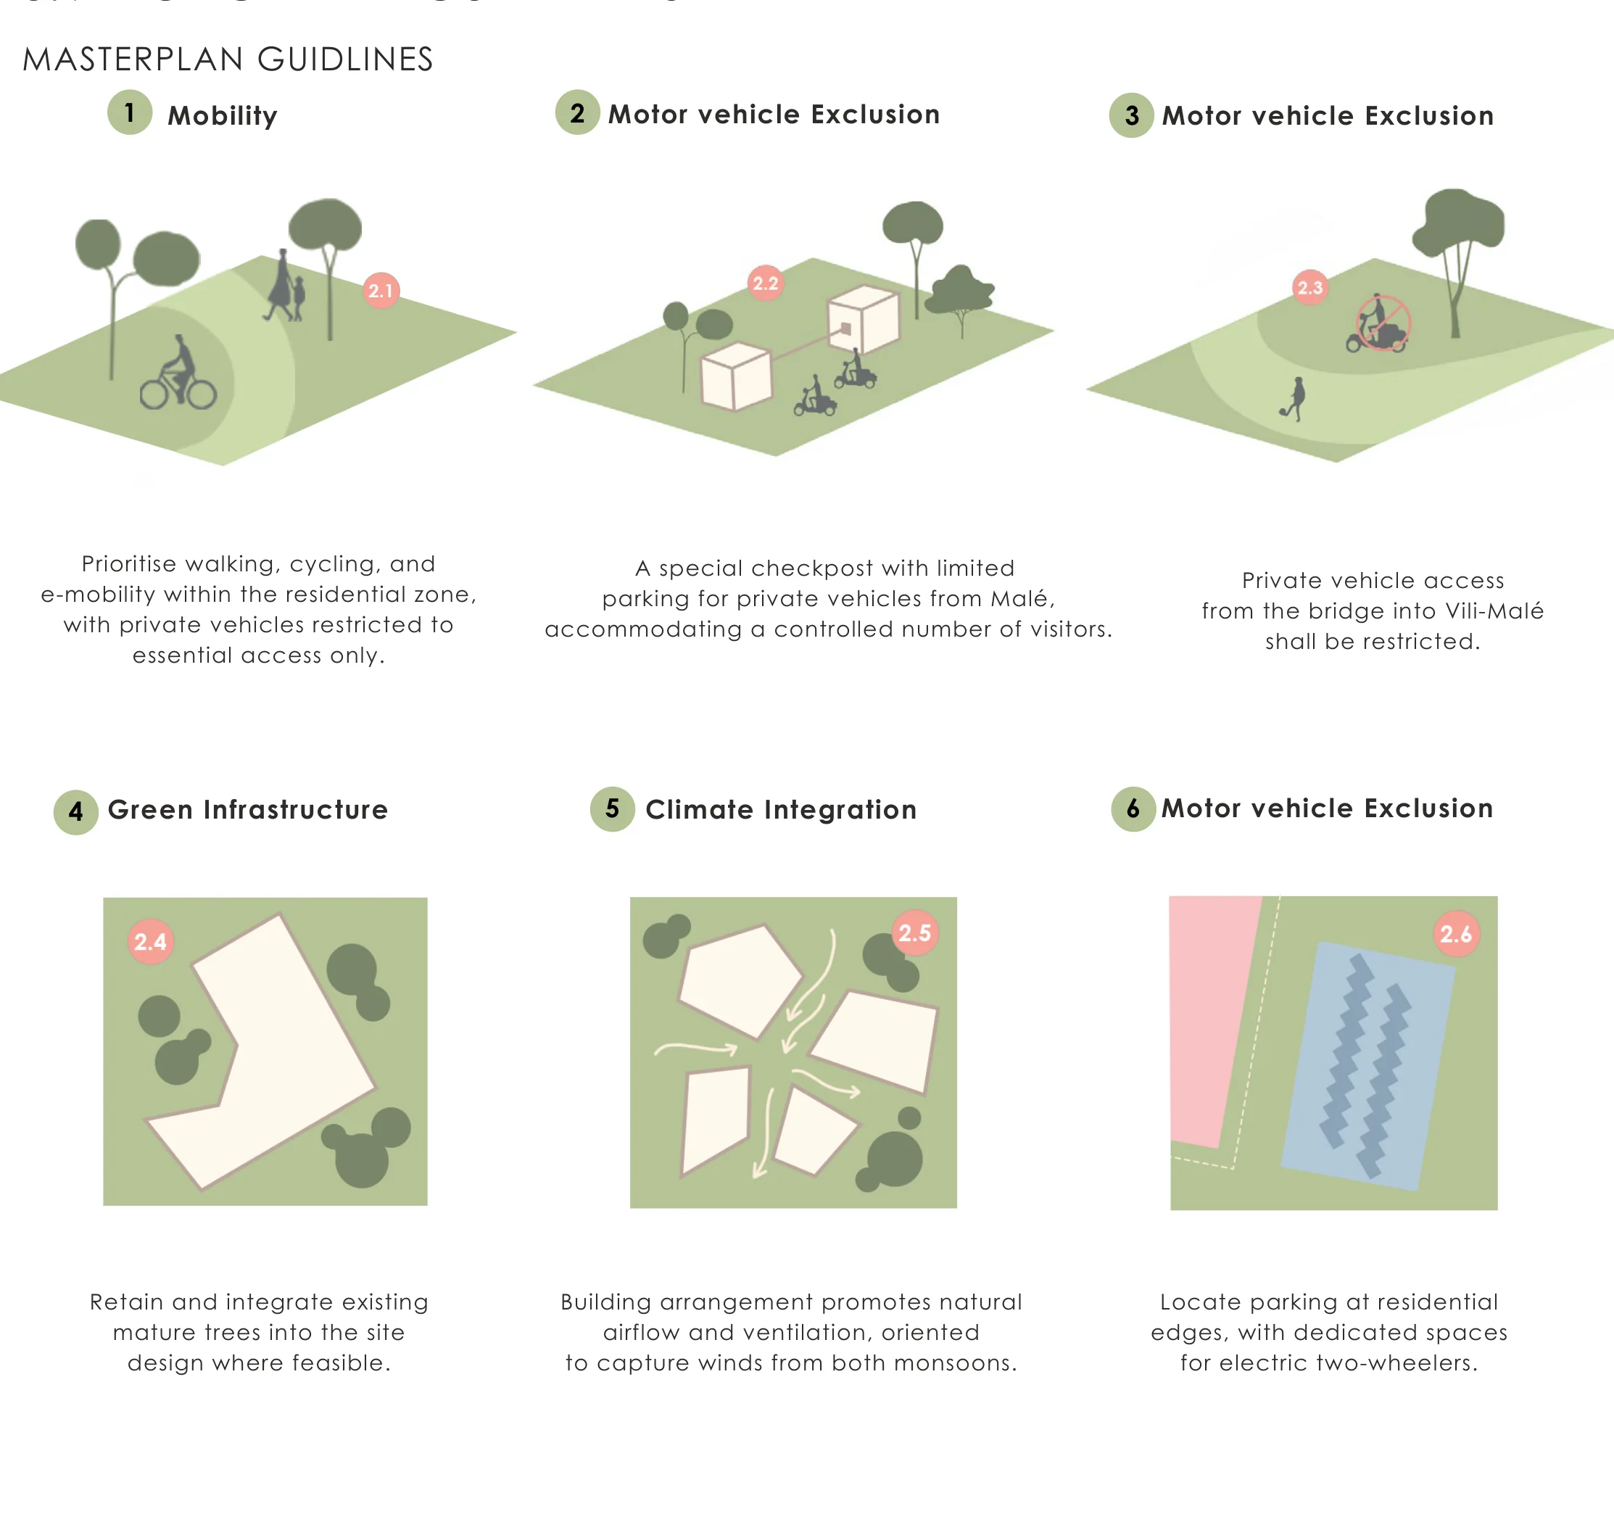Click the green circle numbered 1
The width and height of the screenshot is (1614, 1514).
130,112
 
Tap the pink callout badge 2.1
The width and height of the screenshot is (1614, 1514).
381,290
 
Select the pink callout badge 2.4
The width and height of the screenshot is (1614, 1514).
151,941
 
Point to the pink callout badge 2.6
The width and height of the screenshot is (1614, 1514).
1457,934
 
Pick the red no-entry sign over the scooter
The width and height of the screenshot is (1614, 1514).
1383,322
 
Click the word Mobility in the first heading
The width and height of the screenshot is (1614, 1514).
223,115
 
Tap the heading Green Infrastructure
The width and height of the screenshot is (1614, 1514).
248,809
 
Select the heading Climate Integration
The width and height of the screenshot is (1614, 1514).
781,809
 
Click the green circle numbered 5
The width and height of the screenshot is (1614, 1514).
612,808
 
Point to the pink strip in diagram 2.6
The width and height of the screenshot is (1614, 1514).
1214,1021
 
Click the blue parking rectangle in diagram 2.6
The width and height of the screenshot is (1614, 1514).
1368,1066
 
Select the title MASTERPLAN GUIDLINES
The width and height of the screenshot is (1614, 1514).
228,59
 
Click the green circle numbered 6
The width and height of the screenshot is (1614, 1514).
1133,808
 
